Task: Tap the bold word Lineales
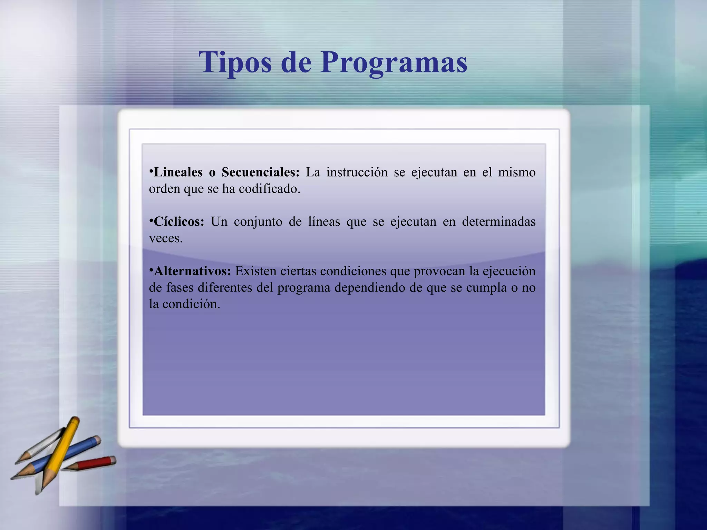click(x=178, y=172)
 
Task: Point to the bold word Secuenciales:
click(x=261, y=172)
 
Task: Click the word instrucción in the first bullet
click(x=357, y=172)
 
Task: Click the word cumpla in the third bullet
click(x=486, y=288)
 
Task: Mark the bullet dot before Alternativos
click(x=151, y=269)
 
